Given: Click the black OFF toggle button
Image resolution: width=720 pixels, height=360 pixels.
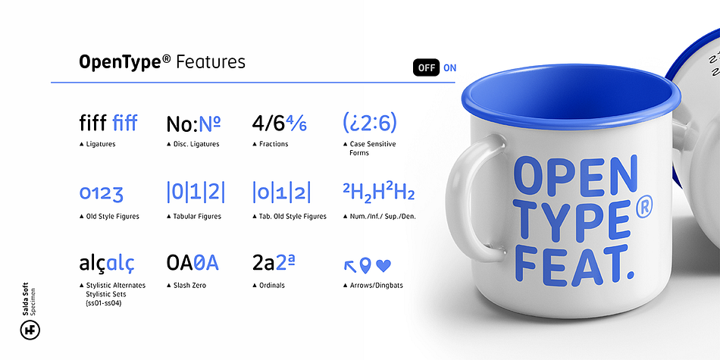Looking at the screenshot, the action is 426,68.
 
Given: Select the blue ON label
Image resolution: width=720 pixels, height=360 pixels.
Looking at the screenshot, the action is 450,68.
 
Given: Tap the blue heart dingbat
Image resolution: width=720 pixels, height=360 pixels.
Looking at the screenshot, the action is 383,265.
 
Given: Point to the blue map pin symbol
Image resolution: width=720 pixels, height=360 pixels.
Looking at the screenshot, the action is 365,265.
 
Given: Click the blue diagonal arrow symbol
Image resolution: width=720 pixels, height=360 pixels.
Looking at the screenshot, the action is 350,266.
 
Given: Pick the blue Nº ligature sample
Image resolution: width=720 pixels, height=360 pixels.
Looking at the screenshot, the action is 209,124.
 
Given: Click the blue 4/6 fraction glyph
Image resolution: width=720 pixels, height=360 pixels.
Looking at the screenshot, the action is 296,124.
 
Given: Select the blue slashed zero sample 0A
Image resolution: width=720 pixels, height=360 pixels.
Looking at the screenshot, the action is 206,263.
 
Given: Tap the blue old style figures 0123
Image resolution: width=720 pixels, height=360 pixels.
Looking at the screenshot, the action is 101,193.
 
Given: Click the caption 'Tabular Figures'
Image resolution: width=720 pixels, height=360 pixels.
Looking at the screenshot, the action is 197,216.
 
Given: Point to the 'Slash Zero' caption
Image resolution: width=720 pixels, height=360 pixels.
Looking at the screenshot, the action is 189,286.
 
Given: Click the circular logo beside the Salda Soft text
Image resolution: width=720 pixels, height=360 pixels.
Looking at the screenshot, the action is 30,330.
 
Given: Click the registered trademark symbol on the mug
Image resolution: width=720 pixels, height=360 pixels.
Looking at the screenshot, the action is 643,208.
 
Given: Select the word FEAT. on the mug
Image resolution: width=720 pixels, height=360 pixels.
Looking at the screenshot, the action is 574,263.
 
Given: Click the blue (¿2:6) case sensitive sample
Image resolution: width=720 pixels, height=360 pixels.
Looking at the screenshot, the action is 370,123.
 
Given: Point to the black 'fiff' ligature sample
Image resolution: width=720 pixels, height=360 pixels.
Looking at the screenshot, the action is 93,123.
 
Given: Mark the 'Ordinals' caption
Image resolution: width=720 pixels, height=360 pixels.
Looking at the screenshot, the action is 272,286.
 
